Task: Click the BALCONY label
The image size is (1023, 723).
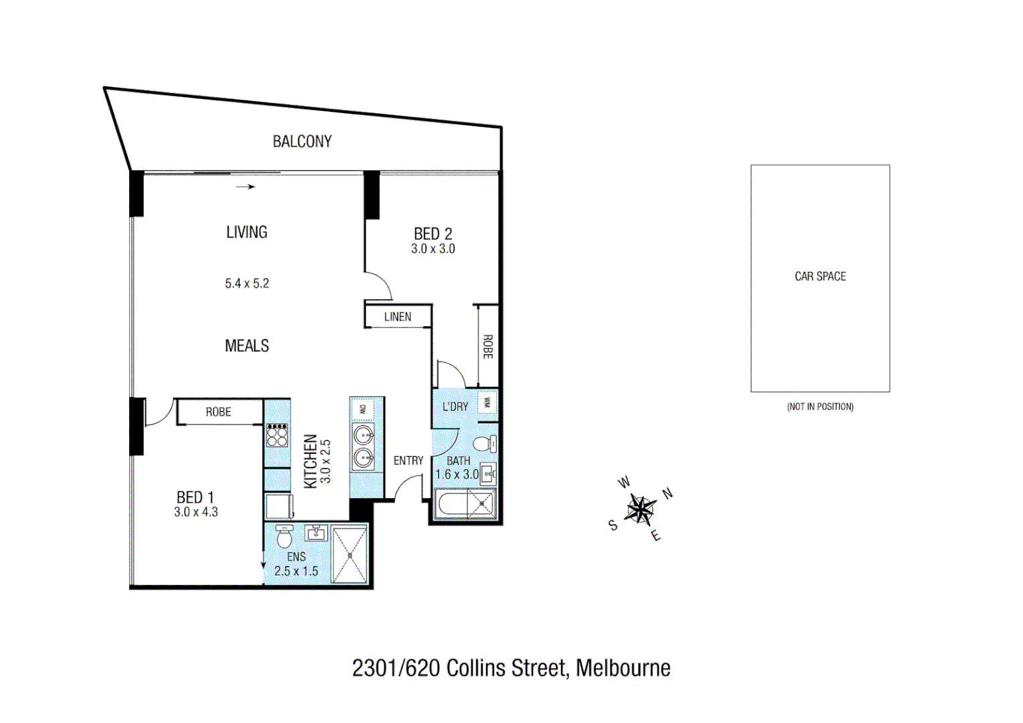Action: (302, 141)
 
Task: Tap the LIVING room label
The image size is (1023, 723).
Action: (246, 232)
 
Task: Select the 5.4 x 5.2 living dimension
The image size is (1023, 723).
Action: (246, 283)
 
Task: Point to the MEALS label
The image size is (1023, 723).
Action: (246, 346)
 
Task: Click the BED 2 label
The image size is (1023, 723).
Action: (432, 234)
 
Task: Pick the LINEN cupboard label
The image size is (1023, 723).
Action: (398, 317)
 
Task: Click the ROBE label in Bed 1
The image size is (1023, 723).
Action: (218, 412)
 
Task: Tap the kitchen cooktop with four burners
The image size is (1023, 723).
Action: (277, 435)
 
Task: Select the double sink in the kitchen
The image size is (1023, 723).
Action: (364, 447)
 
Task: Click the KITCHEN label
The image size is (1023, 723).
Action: (310, 461)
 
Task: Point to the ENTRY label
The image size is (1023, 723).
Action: (408, 461)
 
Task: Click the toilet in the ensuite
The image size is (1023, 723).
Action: (285, 536)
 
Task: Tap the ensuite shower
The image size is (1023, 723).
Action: (349, 555)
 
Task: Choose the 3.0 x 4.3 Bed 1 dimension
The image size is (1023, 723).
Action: (195, 512)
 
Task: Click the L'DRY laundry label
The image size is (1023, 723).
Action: (455, 406)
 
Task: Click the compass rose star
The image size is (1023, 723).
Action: (641, 510)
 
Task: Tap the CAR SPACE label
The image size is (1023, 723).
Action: (820, 276)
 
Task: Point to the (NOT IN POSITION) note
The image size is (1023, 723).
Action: (820, 406)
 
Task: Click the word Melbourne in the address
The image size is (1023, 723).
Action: (623, 668)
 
